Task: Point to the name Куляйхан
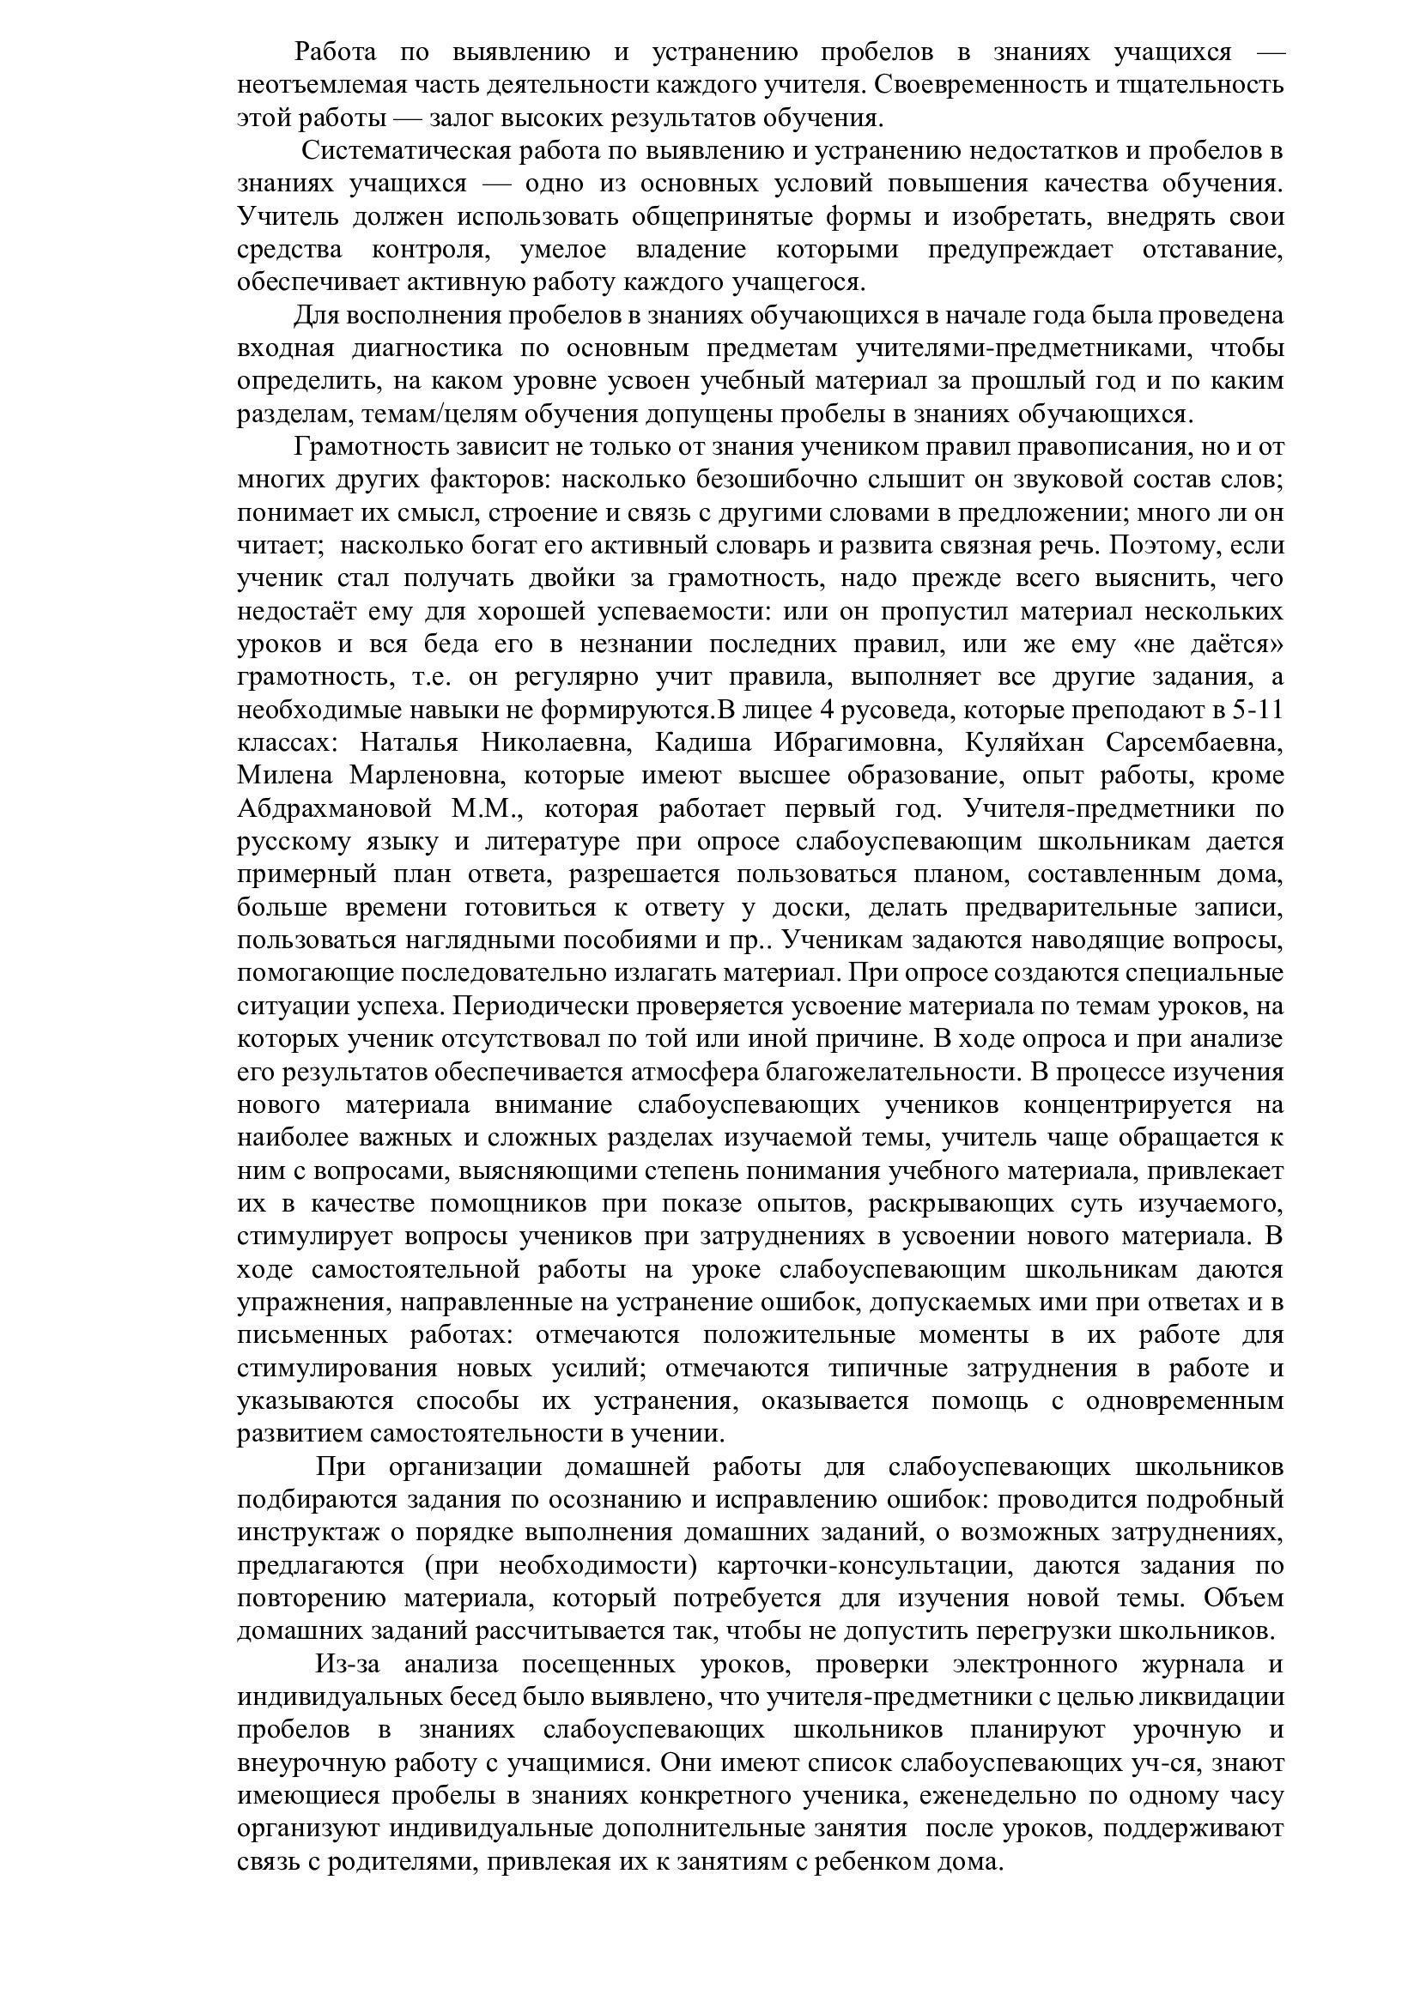point(1024,743)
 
